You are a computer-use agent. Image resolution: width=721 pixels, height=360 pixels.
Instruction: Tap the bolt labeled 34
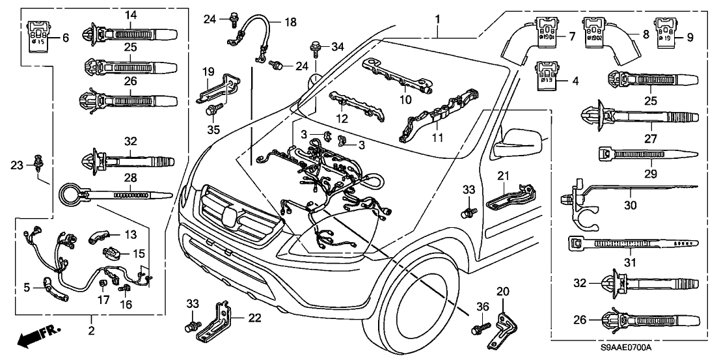315,46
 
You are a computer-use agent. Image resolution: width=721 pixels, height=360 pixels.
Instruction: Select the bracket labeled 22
217,321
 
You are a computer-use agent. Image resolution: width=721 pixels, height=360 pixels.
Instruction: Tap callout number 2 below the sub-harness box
91,331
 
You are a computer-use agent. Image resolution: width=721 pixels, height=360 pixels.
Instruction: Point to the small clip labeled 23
39,159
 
